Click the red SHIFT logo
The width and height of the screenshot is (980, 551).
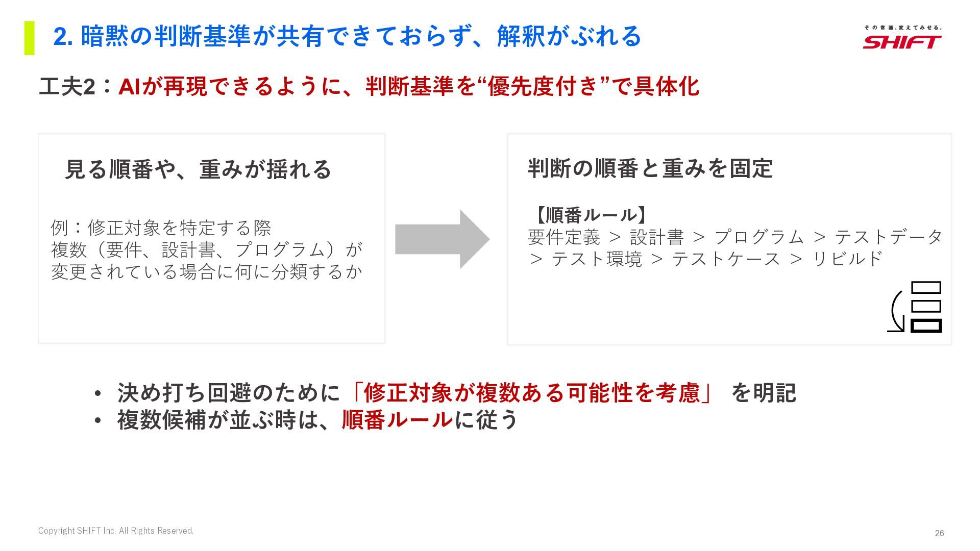pos(902,41)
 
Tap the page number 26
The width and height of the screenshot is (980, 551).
pos(939,533)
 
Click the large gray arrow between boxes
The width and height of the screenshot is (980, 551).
pos(442,239)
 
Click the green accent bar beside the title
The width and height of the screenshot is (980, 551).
pos(30,38)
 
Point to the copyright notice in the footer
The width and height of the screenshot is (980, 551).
pos(116,531)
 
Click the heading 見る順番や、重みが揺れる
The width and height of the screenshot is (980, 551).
pos(198,169)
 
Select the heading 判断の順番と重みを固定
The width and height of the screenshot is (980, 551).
pos(650,168)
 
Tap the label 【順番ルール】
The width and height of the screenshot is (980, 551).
pos(591,215)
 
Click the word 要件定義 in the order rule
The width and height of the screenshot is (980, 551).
pos(563,237)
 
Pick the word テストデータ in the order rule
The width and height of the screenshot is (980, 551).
pos(888,237)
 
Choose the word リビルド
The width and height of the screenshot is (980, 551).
pos(847,259)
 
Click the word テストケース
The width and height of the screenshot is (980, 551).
pos(726,259)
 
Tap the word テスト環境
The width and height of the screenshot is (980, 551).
pos(596,259)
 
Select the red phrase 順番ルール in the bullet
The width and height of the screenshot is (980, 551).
pos(397,420)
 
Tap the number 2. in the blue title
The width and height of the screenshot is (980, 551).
pos(63,37)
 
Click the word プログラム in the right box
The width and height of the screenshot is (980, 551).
pos(759,237)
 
